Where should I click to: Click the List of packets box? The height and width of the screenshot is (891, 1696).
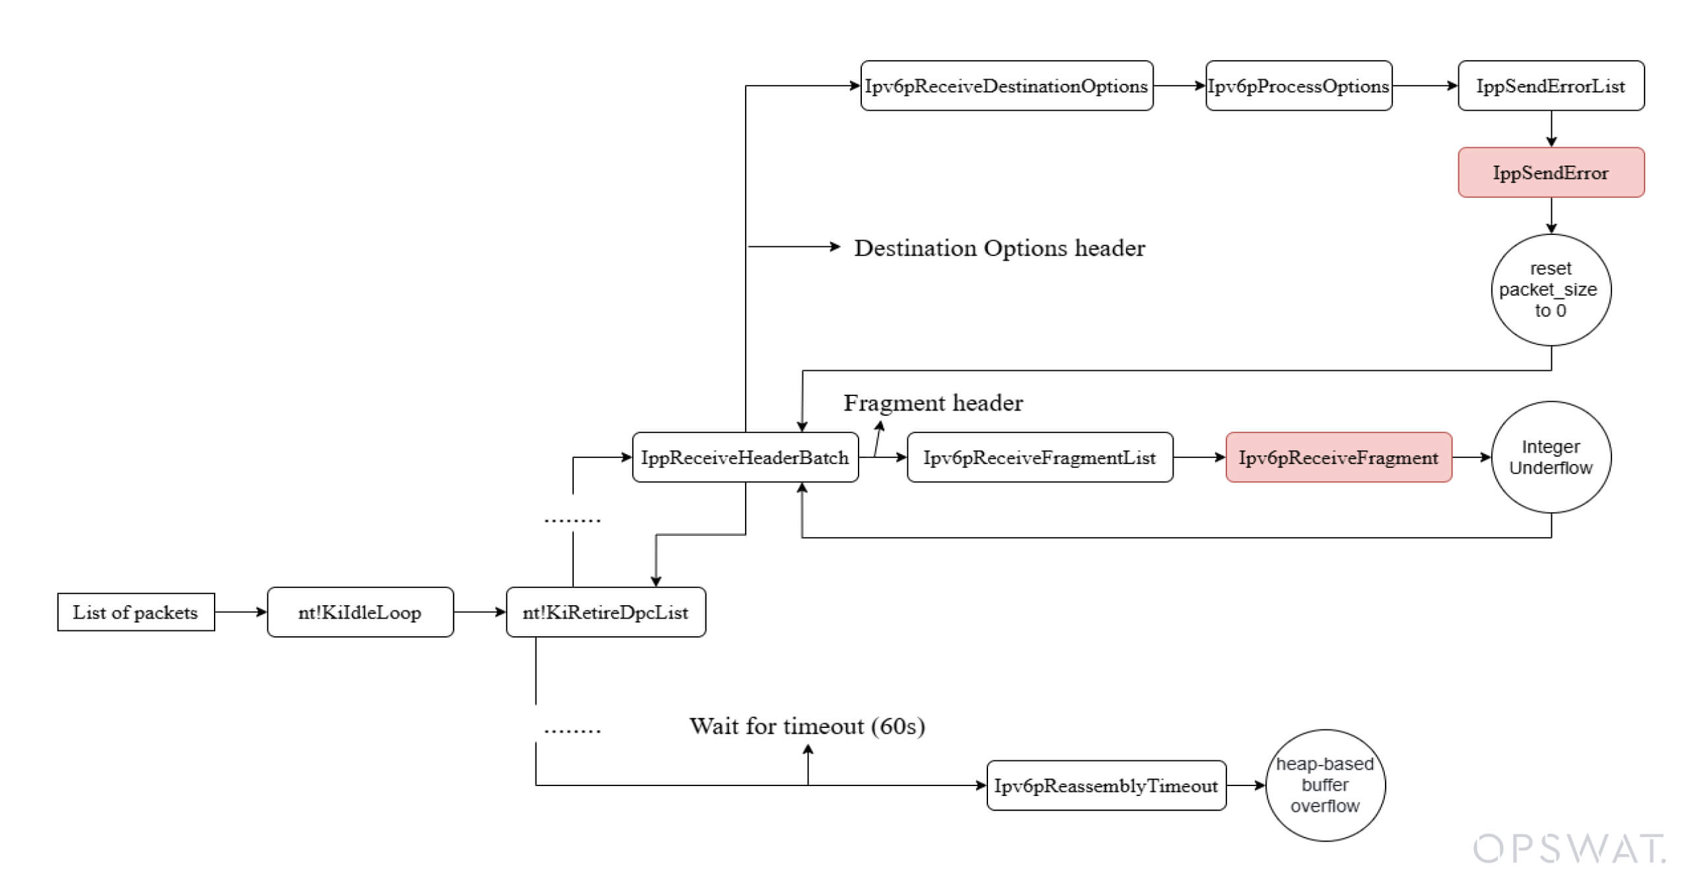pyautogui.click(x=136, y=612)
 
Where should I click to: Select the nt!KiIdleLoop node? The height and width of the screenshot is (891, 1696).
pyautogui.click(x=360, y=612)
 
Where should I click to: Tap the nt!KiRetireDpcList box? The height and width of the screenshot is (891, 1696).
pyautogui.click(x=606, y=612)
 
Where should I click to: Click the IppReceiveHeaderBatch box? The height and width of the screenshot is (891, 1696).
pyautogui.click(x=745, y=457)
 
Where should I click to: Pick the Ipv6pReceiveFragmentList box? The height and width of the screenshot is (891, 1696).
pyautogui.click(x=1040, y=457)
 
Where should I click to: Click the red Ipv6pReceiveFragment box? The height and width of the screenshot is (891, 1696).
pyautogui.click(x=1339, y=457)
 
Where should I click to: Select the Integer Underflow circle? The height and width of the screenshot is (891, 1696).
pyautogui.click(x=1551, y=457)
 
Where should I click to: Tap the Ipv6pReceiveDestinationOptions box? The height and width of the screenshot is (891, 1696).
pyautogui.click(x=1007, y=86)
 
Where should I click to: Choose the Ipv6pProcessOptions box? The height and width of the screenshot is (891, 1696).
pyautogui.click(x=1298, y=86)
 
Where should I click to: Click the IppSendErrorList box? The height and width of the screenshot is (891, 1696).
pyautogui.click(x=1551, y=86)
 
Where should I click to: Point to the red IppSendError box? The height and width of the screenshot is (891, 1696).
pyautogui.click(x=1551, y=173)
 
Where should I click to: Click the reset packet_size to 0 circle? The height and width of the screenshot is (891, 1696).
pyautogui.click(x=1551, y=290)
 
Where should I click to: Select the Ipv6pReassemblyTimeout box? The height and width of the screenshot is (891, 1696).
pyautogui.click(x=1106, y=785)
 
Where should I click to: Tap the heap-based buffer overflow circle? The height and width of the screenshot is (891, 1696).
pyautogui.click(x=1325, y=785)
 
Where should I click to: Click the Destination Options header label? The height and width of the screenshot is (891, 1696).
pyautogui.click(x=1000, y=248)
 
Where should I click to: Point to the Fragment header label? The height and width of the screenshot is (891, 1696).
pyautogui.click(x=933, y=403)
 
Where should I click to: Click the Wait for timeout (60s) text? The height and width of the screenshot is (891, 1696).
pyautogui.click(x=807, y=726)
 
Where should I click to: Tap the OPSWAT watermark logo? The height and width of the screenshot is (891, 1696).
pyautogui.click(x=1569, y=849)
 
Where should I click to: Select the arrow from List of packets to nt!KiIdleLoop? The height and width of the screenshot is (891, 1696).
pyautogui.click(x=241, y=612)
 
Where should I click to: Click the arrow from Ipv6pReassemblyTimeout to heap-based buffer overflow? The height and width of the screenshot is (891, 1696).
pyautogui.click(x=1246, y=785)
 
